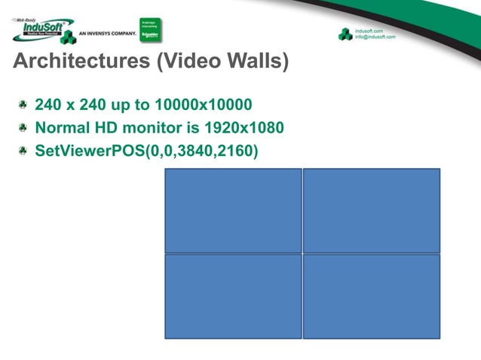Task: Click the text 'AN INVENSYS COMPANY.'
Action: pos(107,35)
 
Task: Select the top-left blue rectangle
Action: pos(233,210)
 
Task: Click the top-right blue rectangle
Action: pos(372,210)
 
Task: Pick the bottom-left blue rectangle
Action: pos(233,296)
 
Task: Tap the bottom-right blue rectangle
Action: pos(372,296)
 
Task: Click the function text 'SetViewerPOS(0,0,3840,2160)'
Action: pos(147,151)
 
